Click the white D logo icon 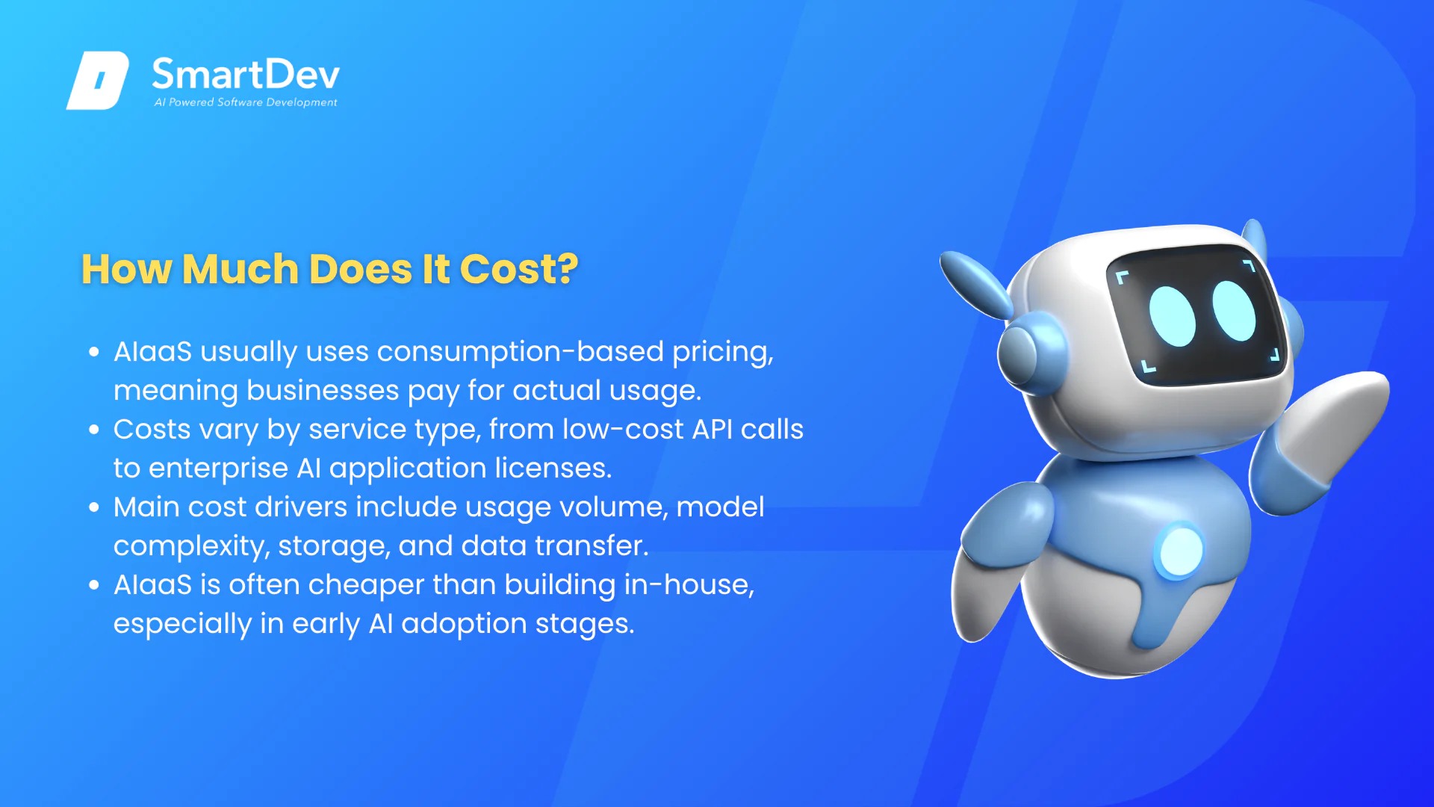(98, 81)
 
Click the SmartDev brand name (246, 75)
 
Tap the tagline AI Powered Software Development (246, 102)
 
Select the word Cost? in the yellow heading (519, 269)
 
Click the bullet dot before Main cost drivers (94, 507)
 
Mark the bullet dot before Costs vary (94, 429)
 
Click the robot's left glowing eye (1172, 316)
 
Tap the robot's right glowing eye (1234, 310)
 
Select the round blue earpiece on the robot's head (1025, 353)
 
